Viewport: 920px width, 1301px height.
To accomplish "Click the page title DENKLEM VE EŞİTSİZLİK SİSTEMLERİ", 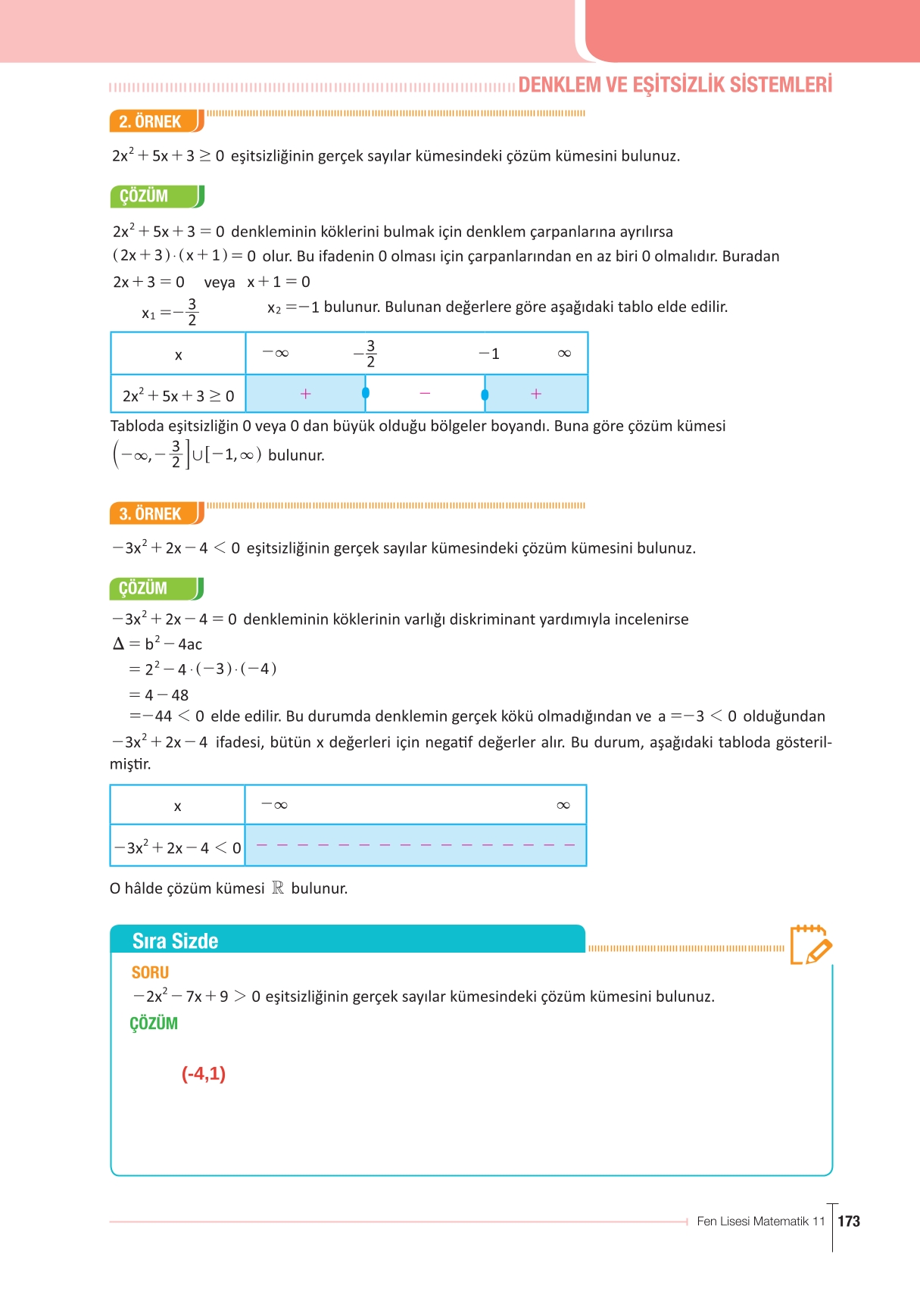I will tap(675, 84).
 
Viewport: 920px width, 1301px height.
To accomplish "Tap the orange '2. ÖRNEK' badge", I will tap(151, 121).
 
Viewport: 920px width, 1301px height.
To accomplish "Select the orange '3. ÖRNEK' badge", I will tap(151, 513).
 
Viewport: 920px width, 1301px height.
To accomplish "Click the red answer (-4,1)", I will tap(204, 1073).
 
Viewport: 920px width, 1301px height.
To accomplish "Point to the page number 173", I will tap(849, 1221).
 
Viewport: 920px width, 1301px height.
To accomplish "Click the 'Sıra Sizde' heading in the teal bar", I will tap(175, 941).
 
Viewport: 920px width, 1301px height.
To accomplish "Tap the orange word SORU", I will tap(150, 972).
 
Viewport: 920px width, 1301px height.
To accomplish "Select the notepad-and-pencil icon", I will tap(810, 944).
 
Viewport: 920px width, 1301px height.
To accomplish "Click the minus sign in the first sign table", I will tap(425, 393).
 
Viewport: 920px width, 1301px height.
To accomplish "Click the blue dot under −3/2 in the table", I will tap(366, 392).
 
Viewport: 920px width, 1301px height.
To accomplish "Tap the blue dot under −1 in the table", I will tap(485, 394).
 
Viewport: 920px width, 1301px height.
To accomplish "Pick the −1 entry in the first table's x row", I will tap(489, 354).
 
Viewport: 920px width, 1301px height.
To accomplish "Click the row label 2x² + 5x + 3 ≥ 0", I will tap(178, 395).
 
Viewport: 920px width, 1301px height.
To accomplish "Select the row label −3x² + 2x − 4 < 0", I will tap(178, 847).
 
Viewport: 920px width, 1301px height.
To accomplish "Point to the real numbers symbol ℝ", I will tap(278, 888).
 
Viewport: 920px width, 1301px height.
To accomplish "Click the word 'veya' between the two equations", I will tap(220, 282).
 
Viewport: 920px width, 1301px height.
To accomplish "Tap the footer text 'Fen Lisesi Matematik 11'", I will tap(760, 1221).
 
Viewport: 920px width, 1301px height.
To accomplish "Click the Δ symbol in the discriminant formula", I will tap(118, 644).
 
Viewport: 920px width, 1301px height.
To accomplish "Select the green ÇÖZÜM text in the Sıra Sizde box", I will tap(154, 1023).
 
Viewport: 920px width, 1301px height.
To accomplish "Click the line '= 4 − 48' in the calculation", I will tap(159, 694).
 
